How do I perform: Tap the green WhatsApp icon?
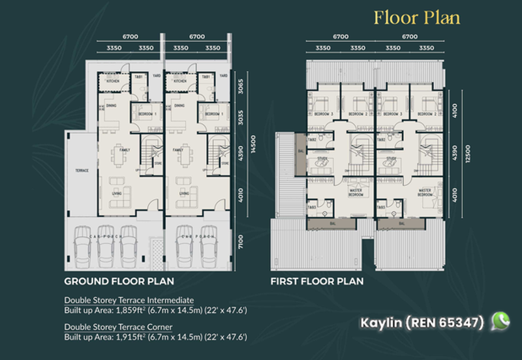click(x=500, y=321)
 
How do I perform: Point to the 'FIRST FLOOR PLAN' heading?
click(x=317, y=282)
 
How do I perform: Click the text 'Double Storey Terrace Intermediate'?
click(x=129, y=300)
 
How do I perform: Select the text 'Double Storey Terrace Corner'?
click(x=118, y=327)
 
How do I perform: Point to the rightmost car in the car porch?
click(x=209, y=247)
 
